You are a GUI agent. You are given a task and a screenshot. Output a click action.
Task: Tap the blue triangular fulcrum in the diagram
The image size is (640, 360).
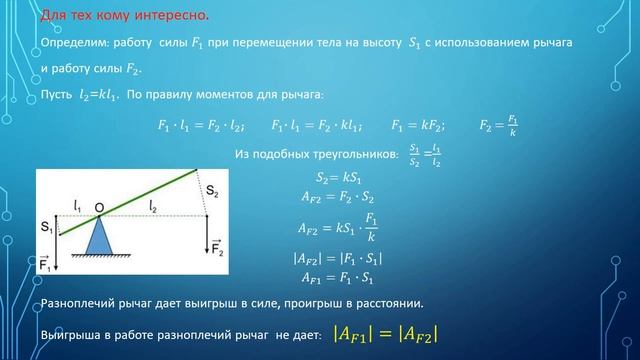coord(100,238)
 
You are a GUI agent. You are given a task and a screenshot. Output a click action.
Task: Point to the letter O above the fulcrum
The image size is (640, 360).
coord(100,207)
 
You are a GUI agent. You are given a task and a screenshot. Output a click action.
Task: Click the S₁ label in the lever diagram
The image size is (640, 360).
coord(46,228)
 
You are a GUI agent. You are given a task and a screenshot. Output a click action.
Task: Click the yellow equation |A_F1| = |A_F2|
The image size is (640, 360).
coord(385,333)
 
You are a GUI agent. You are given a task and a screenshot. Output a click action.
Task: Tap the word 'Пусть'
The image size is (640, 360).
coord(56,95)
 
